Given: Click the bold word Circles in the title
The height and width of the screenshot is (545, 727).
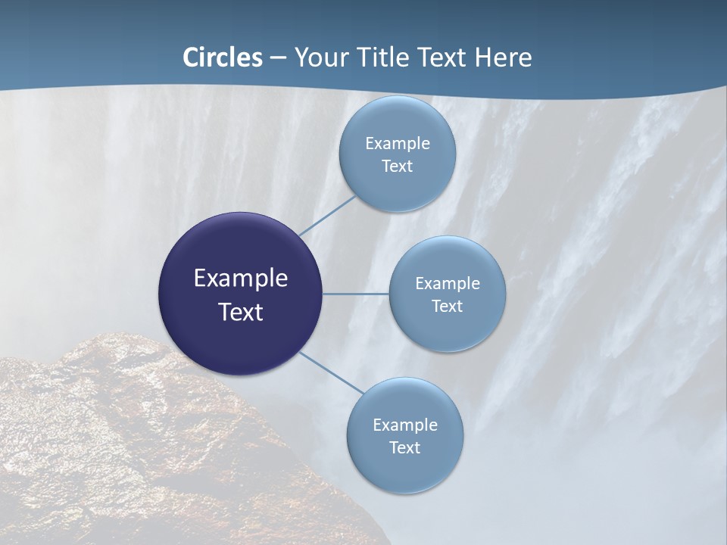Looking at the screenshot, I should click(x=223, y=57).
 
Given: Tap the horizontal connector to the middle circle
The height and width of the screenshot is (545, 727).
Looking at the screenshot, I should click(x=356, y=294).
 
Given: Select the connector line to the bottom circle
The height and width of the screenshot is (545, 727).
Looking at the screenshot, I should click(x=332, y=372).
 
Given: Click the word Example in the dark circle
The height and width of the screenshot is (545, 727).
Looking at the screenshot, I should click(x=241, y=278).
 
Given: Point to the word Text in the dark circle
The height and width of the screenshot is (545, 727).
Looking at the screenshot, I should click(x=241, y=311).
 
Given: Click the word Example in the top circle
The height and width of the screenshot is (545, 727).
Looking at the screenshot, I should click(x=397, y=143).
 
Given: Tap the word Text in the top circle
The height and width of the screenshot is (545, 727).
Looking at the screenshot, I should click(x=397, y=166).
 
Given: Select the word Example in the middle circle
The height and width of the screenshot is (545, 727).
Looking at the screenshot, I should click(x=447, y=283).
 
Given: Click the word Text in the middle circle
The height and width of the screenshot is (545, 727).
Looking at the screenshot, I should click(x=447, y=306).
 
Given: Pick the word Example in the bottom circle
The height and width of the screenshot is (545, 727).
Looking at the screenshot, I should click(x=404, y=425).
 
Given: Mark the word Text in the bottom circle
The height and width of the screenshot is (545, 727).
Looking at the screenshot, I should click(x=404, y=447).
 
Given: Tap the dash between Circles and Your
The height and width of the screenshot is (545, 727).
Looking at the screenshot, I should click(x=278, y=58).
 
